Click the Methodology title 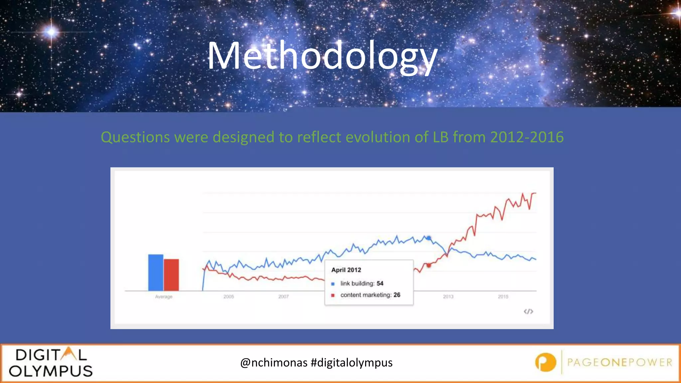click(x=322, y=56)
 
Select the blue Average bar click(x=156, y=273)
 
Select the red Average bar click(x=171, y=275)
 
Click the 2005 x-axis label click(x=229, y=297)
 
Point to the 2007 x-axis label click(x=284, y=297)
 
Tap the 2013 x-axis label click(x=448, y=297)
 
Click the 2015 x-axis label click(x=503, y=297)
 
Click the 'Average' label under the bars click(x=164, y=297)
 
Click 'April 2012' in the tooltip click(x=346, y=270)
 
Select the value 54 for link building click(x=380, y=283)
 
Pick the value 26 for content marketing click(x=397, y=295)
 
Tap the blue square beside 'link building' click(x=333, y=284)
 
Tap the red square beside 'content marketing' click(x=333, y=295)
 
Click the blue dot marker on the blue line click(x=429, y=238)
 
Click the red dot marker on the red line click(x=429, y=265)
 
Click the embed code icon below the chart click(x=528, y=312)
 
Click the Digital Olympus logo click(x=51, y=363)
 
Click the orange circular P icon click(x=546, y=362)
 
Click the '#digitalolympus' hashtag click(x=351, y=362)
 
